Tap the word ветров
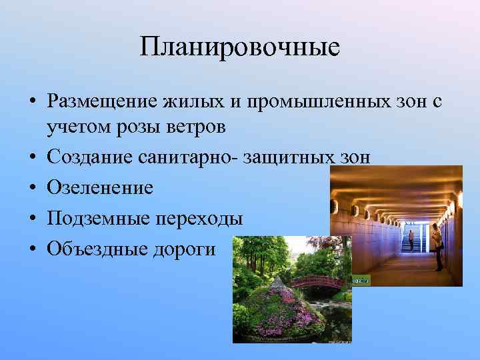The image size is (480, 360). pos(196,127)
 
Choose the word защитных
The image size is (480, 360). pos(298,157)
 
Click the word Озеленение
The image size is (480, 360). pos(99,187)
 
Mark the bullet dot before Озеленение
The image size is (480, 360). pos(32,188)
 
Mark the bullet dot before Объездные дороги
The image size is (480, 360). pos(32,249)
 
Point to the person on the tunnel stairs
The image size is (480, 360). pos(411,240)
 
